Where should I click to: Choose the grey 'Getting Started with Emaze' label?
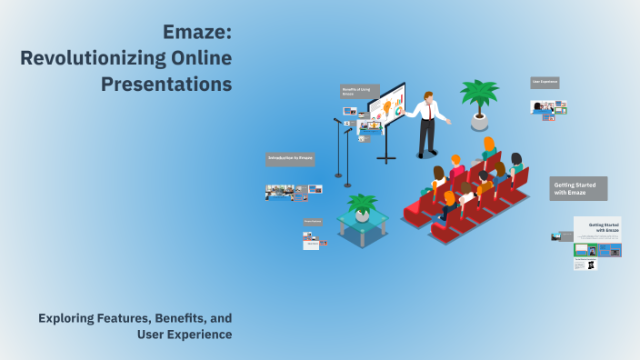point(578,188)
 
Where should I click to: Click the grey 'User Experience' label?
point(545,83)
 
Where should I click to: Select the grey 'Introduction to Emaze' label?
point(290,158)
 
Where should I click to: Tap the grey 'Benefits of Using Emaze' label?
point(355,92)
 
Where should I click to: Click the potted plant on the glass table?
point(362,205)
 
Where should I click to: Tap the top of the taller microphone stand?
point(335,120)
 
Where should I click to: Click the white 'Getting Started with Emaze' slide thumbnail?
point(597,228)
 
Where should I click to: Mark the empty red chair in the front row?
point(415,211)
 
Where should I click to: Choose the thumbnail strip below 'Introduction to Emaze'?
point(293,191)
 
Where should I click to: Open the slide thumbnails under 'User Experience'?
point(548,107)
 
